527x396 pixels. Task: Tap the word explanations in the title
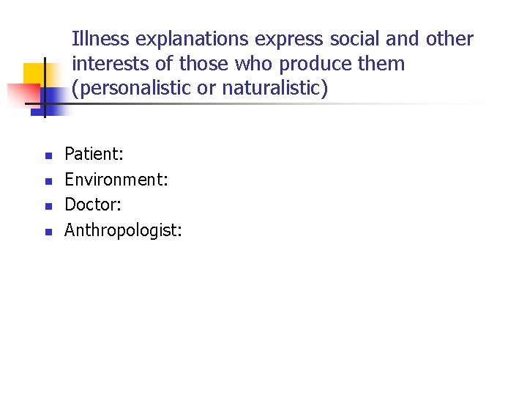coord(182,40)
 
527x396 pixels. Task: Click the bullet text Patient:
coord(94,154)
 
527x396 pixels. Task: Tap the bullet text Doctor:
coord(93,205)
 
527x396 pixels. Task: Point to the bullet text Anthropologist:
coord(123,230)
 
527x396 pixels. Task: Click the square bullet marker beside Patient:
coord(45,155)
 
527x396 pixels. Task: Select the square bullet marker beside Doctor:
coord(45,206)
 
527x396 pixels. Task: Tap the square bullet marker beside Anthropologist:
coord(45,232)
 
